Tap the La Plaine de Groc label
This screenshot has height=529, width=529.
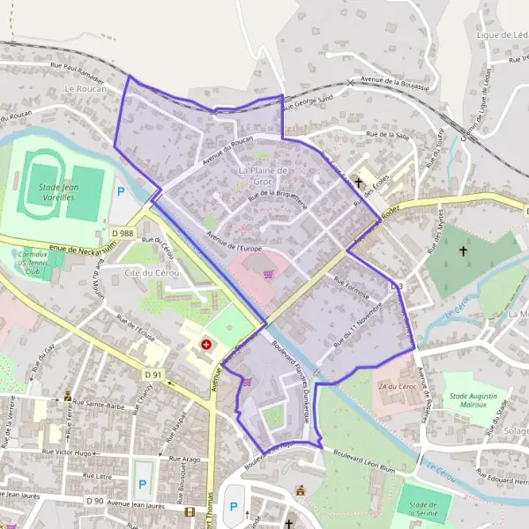point(264,175)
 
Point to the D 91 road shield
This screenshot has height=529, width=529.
point(152,375)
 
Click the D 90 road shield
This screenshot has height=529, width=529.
point(96,501)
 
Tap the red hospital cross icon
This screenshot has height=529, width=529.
point(206,345)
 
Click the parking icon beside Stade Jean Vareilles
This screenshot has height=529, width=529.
point(121,190)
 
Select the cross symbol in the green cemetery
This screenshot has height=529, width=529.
point(463,251)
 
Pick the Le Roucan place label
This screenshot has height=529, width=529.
point(84,90)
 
